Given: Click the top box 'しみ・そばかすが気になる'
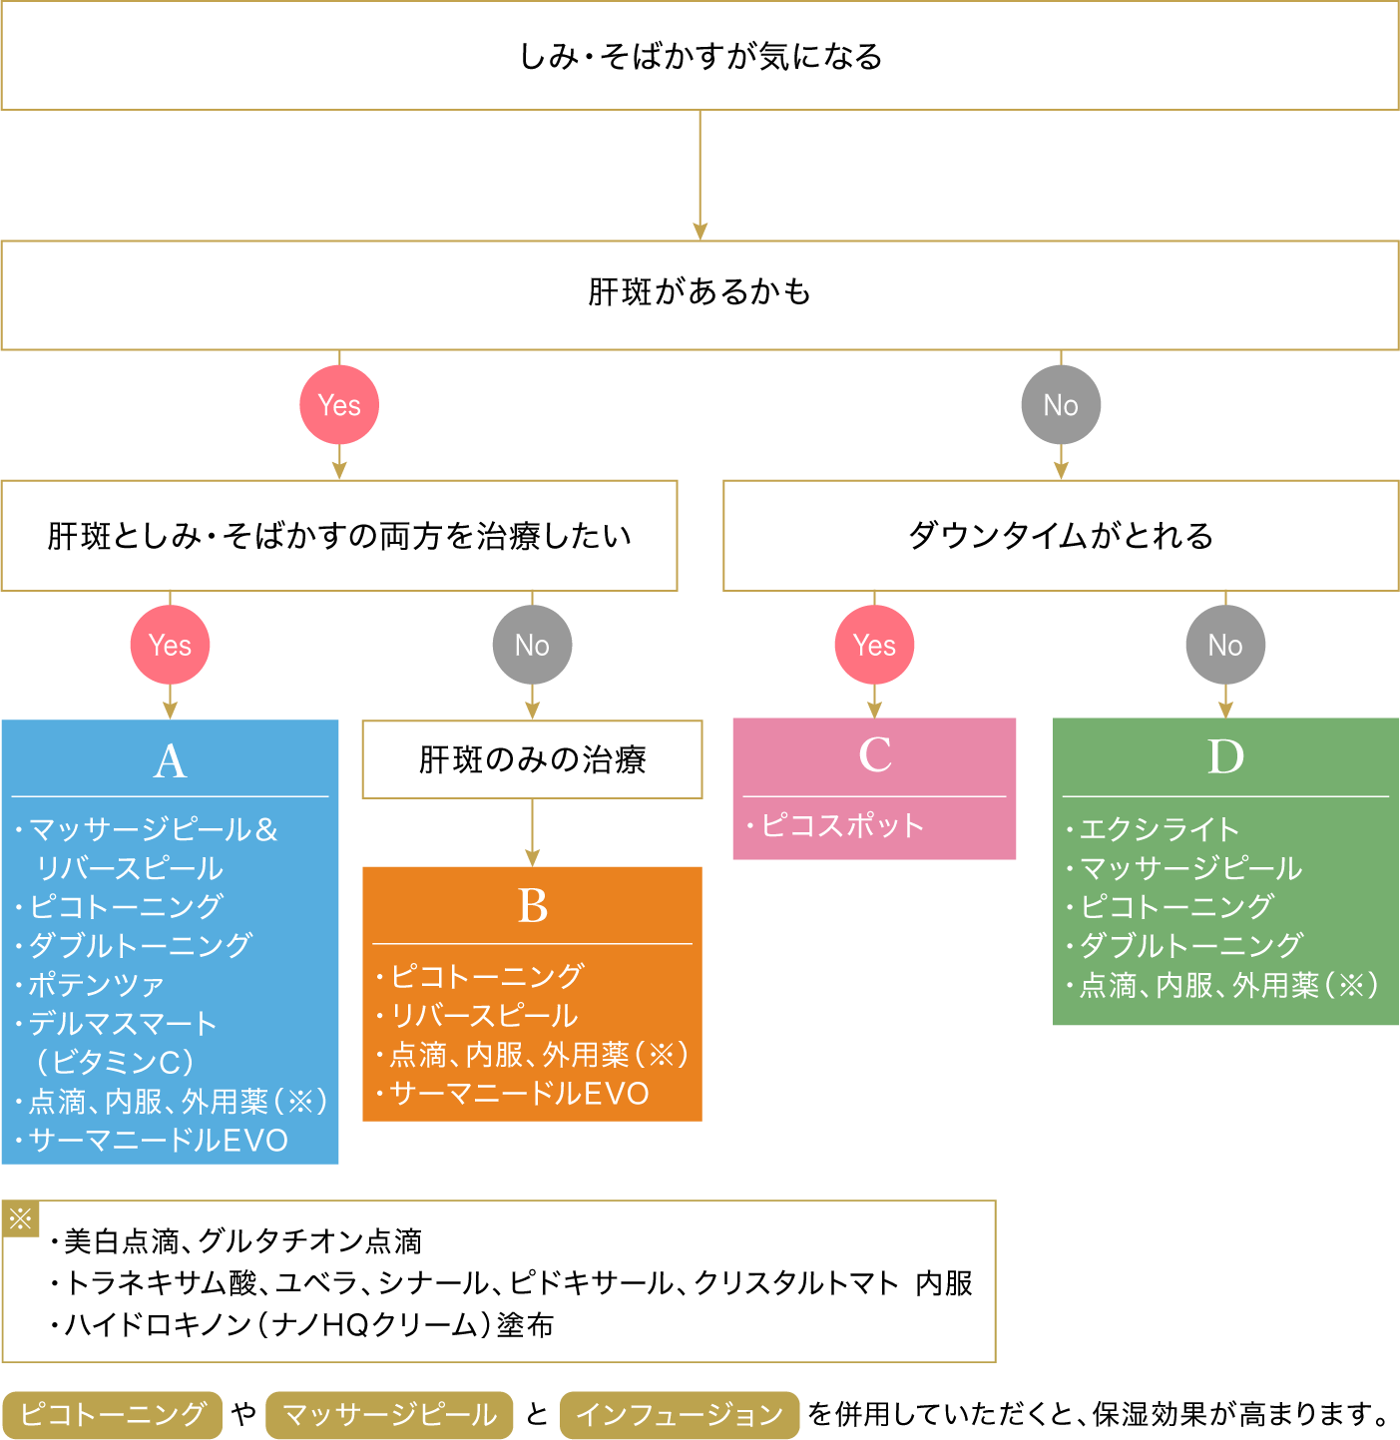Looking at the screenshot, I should point(700,56).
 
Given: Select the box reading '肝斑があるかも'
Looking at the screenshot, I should point(700,293).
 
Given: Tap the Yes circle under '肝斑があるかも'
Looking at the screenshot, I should point(339,405).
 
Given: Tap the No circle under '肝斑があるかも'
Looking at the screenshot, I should point(1061,405).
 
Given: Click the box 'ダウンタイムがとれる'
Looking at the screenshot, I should point(1061,536).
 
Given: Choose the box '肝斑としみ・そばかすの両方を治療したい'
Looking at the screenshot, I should point(339,536).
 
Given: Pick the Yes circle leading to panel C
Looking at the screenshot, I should point(874,645).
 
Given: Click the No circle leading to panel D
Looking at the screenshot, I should point(1225,645).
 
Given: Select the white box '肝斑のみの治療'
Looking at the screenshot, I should point(532,759).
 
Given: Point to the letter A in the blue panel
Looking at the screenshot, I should point(170,761).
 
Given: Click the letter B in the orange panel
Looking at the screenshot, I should point(532,907).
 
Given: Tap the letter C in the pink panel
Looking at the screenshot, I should point(874,755).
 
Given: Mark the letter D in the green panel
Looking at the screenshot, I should point(1225,757).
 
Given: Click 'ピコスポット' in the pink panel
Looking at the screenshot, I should point(842,826).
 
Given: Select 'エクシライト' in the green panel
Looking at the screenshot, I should point(1160,829).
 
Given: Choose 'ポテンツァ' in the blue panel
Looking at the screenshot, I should point(96,985).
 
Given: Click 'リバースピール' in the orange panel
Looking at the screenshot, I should point(484,1016).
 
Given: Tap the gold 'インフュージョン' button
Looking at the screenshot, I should point(680,1415).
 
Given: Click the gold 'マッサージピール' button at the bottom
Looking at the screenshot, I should point(389,1415).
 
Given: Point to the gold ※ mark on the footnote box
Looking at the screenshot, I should point(20,1218).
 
